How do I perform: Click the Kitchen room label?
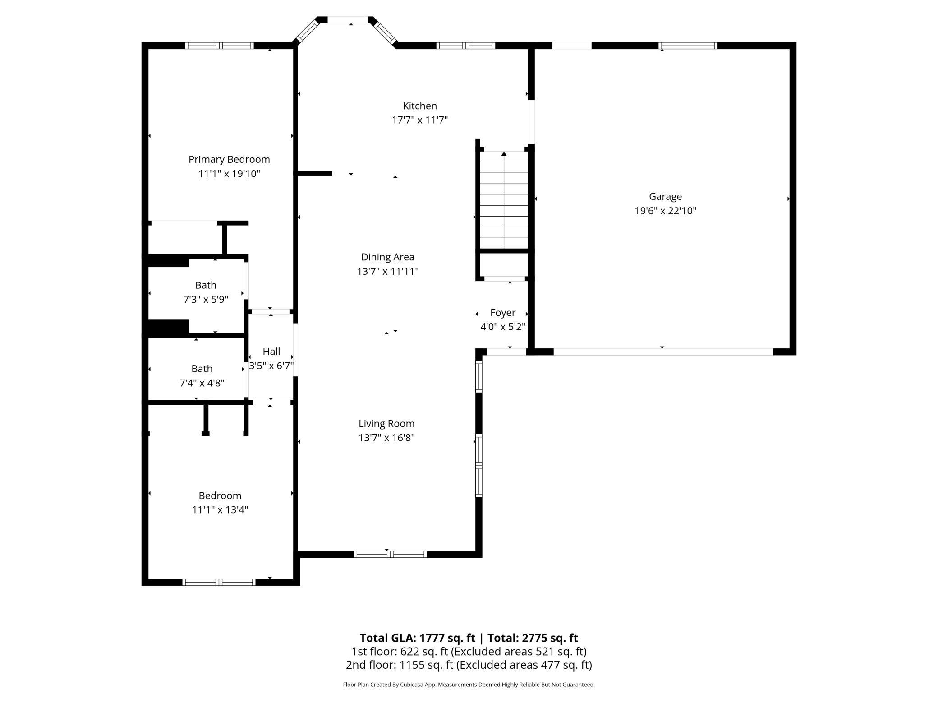(419, 106)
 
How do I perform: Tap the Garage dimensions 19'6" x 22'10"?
(665, 211)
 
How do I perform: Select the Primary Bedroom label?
(229, 159)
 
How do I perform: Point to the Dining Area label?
(387, 257)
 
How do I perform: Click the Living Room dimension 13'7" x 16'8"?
(386, 438)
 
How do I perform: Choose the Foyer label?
(502, 313)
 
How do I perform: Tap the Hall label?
(271, 352)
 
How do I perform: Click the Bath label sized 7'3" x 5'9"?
(206, 285)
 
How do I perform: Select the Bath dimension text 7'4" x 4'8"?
(202, 383)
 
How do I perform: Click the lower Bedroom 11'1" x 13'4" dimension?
(220, 510)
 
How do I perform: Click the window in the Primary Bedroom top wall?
(219, 46)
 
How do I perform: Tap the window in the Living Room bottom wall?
(390, 554)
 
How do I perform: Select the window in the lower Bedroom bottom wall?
(219, 582)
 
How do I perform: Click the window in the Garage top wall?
(687, 46)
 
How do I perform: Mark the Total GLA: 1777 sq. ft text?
(417, 638)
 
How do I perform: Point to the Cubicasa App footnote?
(469, 685)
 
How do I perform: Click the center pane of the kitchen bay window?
(347, 20)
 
